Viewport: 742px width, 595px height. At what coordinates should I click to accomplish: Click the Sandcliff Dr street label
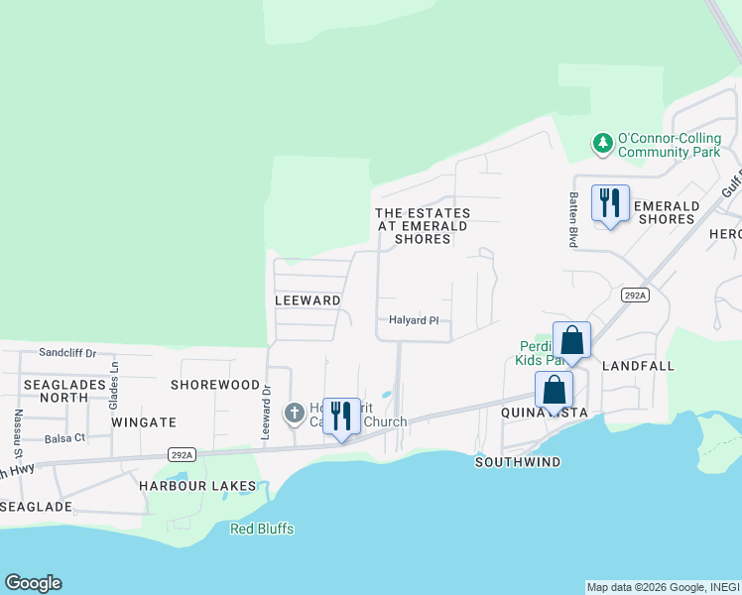click(67, 352)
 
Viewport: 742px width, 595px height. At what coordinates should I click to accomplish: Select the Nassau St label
click(18, 425)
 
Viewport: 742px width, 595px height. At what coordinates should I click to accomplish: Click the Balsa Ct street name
click(65, 437)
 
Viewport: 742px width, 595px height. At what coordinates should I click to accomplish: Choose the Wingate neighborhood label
click(144, 421)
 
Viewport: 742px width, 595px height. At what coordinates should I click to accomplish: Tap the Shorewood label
click(214, 384)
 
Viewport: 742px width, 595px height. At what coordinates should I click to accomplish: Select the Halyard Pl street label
click(414, 320)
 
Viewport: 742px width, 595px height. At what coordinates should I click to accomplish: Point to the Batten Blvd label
click(572, 220)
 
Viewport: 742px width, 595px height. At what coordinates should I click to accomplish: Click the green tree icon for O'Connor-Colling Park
click(602, 144)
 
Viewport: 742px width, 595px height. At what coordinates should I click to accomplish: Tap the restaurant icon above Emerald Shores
click(610, 203)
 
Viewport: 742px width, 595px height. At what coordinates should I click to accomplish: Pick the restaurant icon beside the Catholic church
click(341, 416)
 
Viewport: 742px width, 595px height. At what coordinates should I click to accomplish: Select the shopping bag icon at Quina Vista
click(554, 390)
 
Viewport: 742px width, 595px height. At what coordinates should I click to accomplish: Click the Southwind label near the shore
click(518, 462)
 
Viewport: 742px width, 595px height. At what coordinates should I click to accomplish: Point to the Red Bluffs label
click(262, 529)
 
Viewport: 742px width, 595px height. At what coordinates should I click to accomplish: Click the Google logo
click(33, 583)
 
